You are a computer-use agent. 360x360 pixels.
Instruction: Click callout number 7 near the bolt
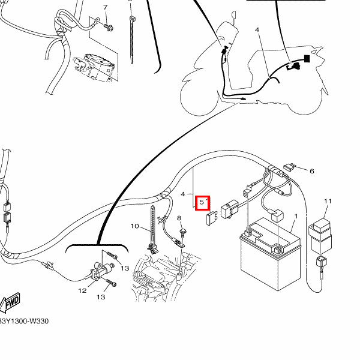coord(105,7)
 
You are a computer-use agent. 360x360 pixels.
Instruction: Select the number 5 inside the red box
coord(203,203)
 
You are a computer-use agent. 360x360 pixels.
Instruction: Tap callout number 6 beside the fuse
coord(312,171)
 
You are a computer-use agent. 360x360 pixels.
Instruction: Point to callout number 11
coord(328,201)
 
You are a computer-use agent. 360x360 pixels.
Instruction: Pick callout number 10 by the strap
coord(134,226)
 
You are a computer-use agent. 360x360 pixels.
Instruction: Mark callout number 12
coord(83,291)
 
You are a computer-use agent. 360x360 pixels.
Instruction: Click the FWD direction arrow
coord(11,302)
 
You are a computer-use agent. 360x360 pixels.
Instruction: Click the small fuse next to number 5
coord(210,219)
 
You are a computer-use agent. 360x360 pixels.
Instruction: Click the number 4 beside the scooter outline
coord(257,29)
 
